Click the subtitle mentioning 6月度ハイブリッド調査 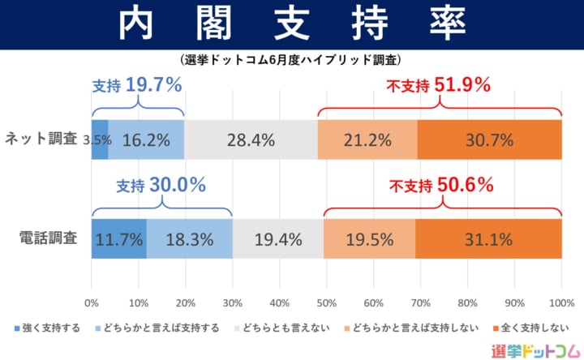coord(292,60)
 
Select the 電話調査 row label coord(48,238)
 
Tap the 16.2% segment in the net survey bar coord(146,139)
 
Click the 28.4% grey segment coord(251,139)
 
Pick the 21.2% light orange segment coord(367,139)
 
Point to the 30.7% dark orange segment coord(489,139)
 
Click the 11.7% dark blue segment coord(119,239)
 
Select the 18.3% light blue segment coord(190,239)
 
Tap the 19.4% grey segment coord(277,239)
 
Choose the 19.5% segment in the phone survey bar coord(369,239)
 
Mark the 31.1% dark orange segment coord(488,239)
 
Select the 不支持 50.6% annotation coord(441,185)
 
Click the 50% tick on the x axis coord(326,303)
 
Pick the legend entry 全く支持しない coord(530,328)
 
